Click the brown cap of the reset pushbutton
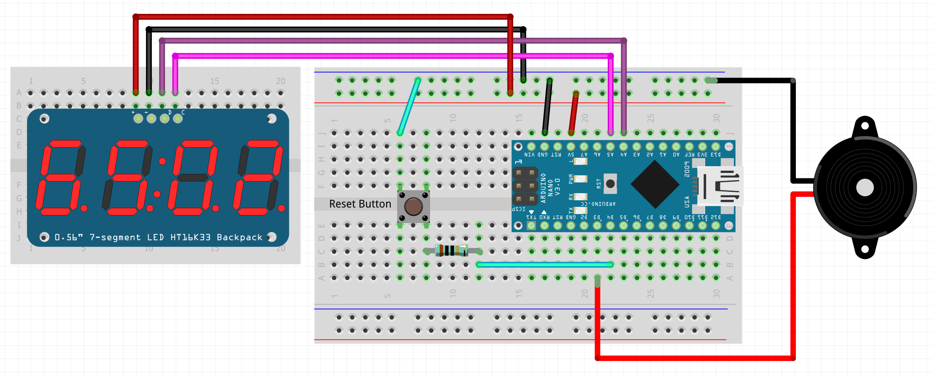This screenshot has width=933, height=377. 413,207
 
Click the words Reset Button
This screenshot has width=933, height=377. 360,204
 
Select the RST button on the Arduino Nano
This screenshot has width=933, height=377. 610,183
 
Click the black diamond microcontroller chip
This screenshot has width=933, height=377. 655,184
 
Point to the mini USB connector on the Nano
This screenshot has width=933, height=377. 719,186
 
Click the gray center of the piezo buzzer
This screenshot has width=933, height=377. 865,188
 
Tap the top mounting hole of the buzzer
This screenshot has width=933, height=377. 865,126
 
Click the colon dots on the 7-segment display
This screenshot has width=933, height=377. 160,178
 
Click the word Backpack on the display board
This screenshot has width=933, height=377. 239,237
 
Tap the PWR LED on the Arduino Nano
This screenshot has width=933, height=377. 581,179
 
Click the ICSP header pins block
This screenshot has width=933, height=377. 525,186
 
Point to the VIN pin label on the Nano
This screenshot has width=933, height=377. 530,155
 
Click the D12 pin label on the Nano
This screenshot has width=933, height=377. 716,217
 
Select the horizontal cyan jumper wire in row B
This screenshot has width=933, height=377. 544,264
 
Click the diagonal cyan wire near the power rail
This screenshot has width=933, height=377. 408,107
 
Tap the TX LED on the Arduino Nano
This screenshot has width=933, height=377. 581,210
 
